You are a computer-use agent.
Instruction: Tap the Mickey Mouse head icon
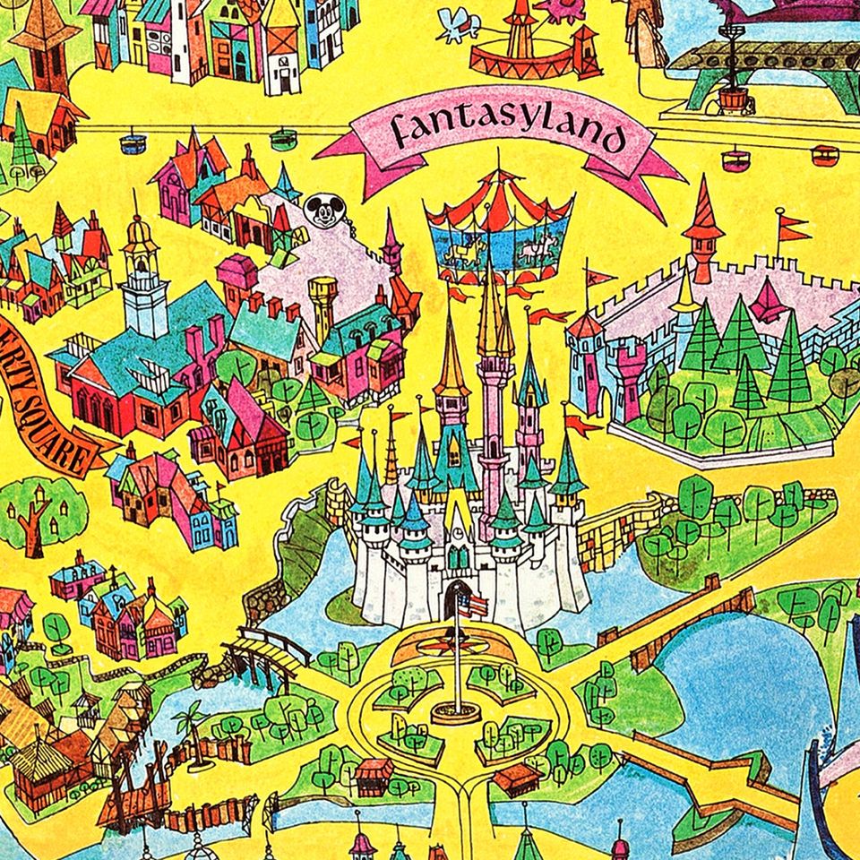tap(317, 210)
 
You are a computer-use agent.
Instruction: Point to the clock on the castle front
tap(457, 529)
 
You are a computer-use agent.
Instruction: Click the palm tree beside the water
tap(190, 721)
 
